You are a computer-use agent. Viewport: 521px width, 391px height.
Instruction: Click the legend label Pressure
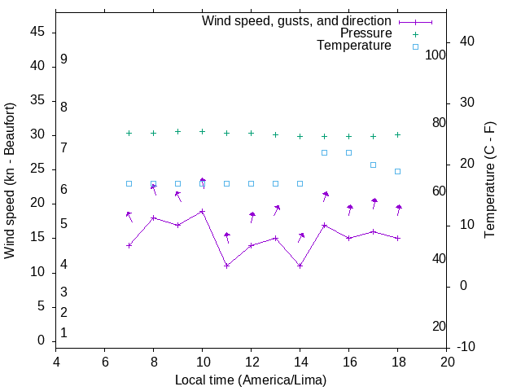point(366,33)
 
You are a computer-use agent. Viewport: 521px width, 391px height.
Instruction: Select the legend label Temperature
point(354,46)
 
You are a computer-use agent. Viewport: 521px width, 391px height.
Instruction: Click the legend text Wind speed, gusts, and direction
point(296,21)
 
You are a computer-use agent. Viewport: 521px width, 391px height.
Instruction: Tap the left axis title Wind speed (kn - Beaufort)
point(10,181)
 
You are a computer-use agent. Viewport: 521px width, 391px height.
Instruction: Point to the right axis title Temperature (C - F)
point(489,180)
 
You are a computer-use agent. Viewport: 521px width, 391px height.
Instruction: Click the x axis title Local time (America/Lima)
point(251,380)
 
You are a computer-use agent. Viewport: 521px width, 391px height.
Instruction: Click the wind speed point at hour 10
point(202,211)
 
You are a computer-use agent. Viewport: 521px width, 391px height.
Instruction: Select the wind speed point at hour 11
point(226,266)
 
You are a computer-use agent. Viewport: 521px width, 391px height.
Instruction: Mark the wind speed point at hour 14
point(300,266)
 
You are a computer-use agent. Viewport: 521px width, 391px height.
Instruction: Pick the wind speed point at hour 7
point(129,245)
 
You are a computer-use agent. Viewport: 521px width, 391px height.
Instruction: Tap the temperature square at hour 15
point(324,152)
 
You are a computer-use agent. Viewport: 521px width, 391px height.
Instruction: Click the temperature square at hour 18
point(397,171)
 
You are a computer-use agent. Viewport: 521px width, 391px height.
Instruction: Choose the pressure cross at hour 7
point(129,133)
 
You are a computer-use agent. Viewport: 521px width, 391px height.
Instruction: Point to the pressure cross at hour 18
point(397,134)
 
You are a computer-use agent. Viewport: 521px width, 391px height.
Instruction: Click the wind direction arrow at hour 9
point(177,196)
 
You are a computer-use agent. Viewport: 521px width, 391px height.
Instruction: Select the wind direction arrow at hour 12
point(252,217)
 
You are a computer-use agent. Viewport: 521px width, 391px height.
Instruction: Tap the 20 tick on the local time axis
point(447,362)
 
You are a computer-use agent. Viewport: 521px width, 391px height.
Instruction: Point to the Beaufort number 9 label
point(63,59)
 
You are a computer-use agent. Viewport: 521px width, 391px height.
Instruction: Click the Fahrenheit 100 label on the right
point(436,55)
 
